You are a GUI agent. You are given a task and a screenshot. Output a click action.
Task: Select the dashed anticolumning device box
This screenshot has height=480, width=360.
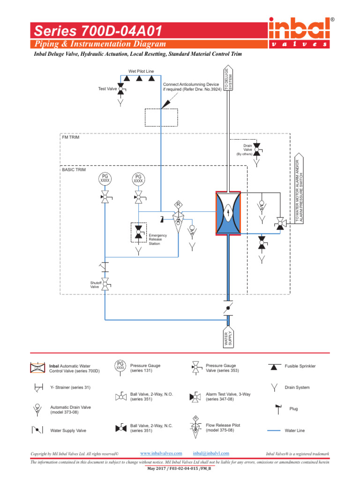tap(161, 117)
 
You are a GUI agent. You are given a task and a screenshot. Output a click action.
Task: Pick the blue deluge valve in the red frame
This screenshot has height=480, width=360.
tap(227, 212)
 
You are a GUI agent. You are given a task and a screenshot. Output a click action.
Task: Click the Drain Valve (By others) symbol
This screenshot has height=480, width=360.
tap(257, 150)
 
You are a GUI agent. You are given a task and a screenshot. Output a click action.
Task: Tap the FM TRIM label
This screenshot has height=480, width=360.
tap(71, 137)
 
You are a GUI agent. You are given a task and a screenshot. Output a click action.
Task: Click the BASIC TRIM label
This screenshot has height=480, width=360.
tap(74, 170)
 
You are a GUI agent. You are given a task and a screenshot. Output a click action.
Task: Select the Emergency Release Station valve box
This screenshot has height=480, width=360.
tap(138, 232)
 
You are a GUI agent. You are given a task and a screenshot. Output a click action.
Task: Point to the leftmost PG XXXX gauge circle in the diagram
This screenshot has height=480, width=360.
tap(105, 179)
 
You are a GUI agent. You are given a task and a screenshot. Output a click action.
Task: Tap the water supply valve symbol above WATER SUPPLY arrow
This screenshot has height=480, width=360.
tap(227, 308)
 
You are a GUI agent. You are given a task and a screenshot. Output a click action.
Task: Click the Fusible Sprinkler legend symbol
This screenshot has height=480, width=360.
tap(275, 367)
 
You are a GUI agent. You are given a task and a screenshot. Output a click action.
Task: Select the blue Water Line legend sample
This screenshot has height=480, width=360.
tap(275, 430)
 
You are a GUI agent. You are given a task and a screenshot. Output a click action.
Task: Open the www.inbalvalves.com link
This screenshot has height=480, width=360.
tap(161, 453)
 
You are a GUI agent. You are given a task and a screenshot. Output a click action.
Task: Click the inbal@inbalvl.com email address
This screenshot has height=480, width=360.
tap(211, 453)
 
